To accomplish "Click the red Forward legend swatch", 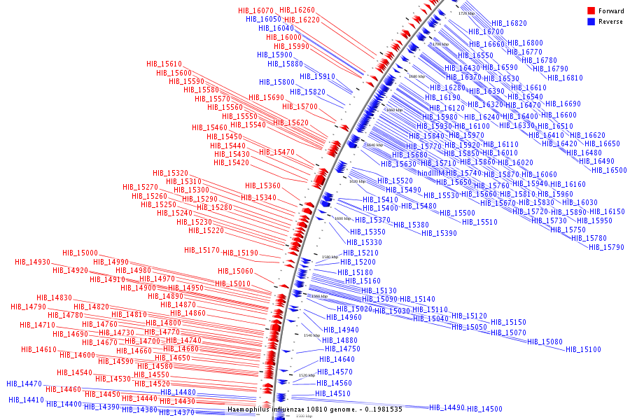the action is (x=591, y=11).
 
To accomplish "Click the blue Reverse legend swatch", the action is (x=591, y=22).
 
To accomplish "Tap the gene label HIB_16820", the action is (x=509, y=23).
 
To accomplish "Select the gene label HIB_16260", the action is (x=297, y=10).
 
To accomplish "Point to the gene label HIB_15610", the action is (x=164, y=64).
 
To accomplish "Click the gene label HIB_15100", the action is (x=583, y=349).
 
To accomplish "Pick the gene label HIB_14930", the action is (x=32, y=262).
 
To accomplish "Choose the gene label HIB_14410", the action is (x=26, y=400).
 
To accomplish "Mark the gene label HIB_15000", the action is (x=80, y=253).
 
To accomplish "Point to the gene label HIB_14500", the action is (x=484, y=409).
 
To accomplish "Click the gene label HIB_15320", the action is (x=170, y=173).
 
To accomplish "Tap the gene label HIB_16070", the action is (x=254, y=11).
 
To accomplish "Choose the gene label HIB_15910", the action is (x=317, y=76).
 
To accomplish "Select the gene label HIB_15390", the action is (x=439, y=233).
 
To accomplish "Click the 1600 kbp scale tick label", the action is (x=342, y=218).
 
